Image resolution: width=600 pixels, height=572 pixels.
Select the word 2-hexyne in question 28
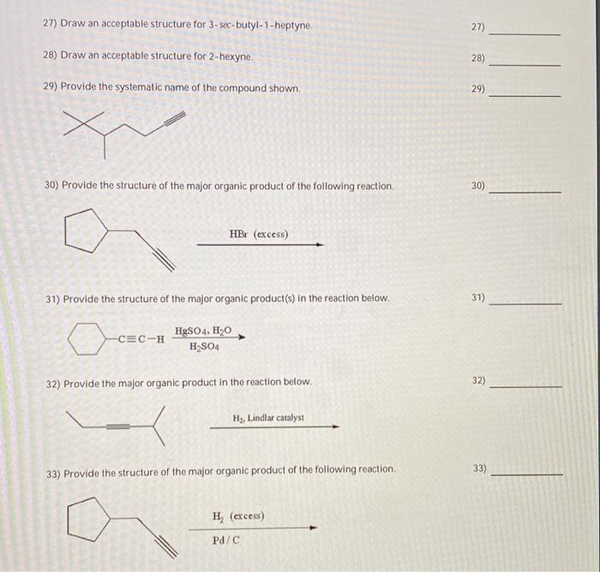(231, 57)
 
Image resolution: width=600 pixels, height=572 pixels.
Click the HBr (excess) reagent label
(259, 234)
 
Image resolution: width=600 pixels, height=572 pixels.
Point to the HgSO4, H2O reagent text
(203, 331)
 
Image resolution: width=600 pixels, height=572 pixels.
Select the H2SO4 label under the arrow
(203, 346)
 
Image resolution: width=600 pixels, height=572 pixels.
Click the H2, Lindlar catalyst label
(268, 418)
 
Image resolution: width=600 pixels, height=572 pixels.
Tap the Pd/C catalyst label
(226, 540)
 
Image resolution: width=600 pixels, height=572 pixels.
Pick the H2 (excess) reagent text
(237, 516)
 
